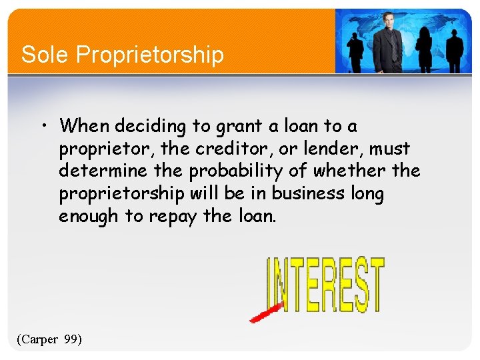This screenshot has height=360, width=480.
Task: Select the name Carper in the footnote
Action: click(39, 339)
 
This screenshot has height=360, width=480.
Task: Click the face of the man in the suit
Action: click(388, 22)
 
